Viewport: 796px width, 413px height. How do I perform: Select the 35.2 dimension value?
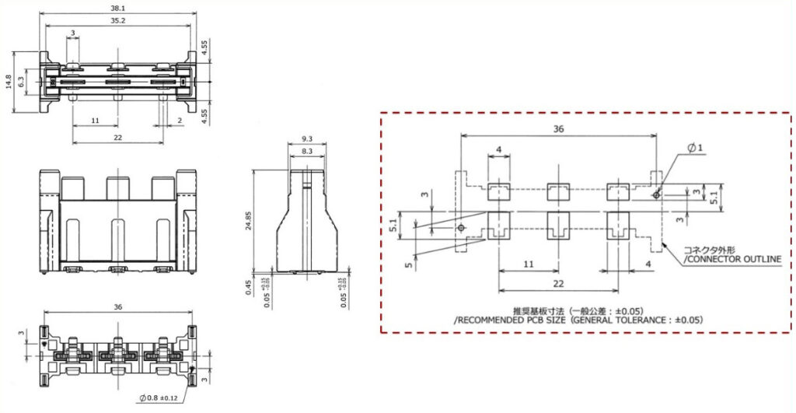(117, 21)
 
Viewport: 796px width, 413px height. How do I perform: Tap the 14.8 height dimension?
(9, 82)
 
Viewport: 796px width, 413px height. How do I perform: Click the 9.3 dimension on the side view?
(306, 140)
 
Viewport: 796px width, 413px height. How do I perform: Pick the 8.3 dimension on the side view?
(306, 150)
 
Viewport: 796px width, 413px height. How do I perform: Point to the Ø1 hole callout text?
(696, 148)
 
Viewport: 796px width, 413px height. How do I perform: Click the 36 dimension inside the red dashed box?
(558, 131)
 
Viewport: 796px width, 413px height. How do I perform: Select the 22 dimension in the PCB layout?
(558, 285)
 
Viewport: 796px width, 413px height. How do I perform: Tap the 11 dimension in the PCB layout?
(529, 264)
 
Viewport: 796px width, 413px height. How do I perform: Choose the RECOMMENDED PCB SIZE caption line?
(578, 320)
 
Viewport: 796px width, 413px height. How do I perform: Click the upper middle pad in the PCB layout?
(558, 190)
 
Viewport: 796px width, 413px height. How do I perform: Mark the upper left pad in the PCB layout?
(498, 190)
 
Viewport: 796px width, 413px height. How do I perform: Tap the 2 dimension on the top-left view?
(180, 121)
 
